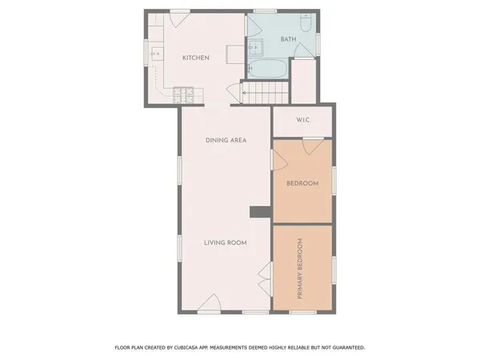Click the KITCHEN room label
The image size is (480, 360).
coord(196,58)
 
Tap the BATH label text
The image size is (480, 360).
coord(288,39)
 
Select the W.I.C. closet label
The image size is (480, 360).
coord(302,120)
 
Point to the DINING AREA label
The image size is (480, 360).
coord(226,141)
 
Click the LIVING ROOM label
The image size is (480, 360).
coord(225,242)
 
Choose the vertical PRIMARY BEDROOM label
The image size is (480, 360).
coord(301,270)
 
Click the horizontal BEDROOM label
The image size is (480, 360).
coord(302,183)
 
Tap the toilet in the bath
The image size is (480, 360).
coord(306,22)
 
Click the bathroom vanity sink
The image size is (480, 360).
coord(255,46)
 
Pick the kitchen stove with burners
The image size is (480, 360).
coord(183,94)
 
